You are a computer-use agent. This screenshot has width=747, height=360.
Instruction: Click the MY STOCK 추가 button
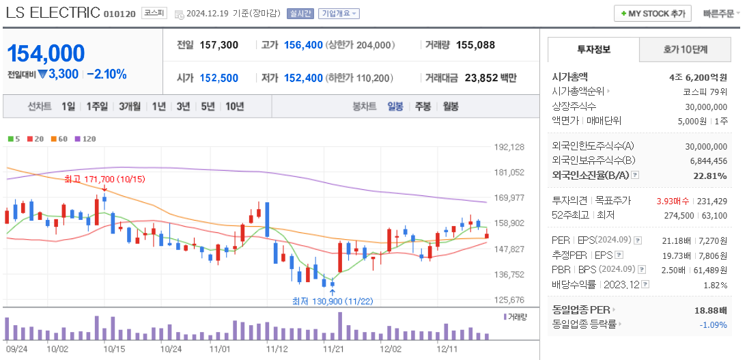coord(652,14)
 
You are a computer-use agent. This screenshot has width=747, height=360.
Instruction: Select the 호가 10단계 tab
coord(685,50)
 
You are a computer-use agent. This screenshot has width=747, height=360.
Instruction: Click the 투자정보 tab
coord(593,50)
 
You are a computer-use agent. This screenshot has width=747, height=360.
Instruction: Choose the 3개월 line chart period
coord(129,107)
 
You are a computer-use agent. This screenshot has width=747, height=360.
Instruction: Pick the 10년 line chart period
coord(234,107)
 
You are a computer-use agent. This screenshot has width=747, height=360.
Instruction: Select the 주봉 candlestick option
coord(423,107)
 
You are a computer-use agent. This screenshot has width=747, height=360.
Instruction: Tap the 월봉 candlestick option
coord(451,107)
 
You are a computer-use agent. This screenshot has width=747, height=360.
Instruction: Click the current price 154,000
coord(46,53)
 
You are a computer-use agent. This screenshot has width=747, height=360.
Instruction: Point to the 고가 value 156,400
coord(303,45)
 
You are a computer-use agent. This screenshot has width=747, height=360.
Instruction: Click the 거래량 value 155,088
coord(475,45)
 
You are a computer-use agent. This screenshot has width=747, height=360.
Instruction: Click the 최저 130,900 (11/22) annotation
coord(332,300)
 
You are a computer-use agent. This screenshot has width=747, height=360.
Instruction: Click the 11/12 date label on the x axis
coord(277,348)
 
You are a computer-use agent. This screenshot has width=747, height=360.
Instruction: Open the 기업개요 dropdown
coord(339,14)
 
